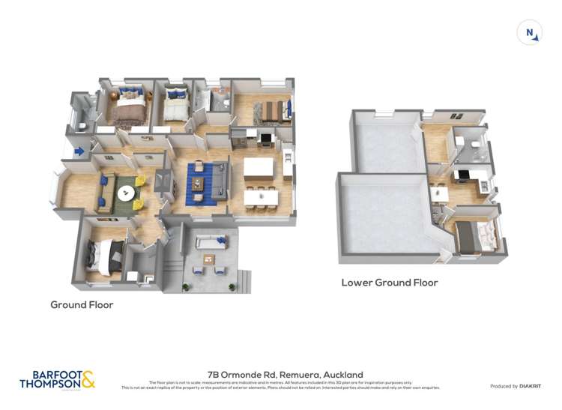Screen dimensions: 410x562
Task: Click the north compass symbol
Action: [529, 32]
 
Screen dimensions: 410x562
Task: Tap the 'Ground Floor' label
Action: [82, 305]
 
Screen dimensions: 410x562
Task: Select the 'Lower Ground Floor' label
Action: [389, 283]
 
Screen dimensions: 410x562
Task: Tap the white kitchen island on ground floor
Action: [257, 166]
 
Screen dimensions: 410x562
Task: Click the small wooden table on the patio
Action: [208, 259]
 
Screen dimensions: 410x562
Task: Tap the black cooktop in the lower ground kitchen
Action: [463, 176]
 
